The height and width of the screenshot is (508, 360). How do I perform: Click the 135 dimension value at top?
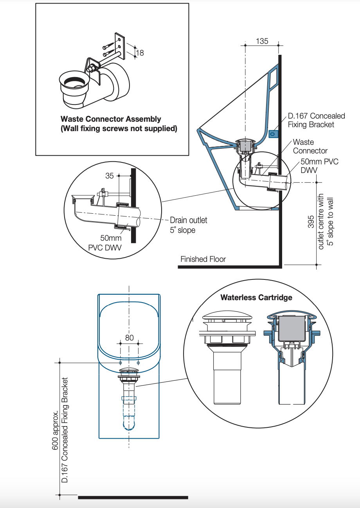point(262,41)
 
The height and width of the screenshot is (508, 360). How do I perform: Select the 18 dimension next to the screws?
point(140,52)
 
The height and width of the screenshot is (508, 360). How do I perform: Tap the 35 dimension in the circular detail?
point(110,176)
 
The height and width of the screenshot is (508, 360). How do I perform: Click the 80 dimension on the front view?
point(129,337)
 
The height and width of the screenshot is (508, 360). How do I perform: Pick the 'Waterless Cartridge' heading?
point(256,297)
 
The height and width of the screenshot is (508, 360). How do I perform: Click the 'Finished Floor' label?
point(203,259)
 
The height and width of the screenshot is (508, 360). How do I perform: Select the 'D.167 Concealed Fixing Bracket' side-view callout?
point(316,120)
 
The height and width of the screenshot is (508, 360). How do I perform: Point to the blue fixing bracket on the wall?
point(273,133)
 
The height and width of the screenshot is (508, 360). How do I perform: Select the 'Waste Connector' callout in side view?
point(310,146)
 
